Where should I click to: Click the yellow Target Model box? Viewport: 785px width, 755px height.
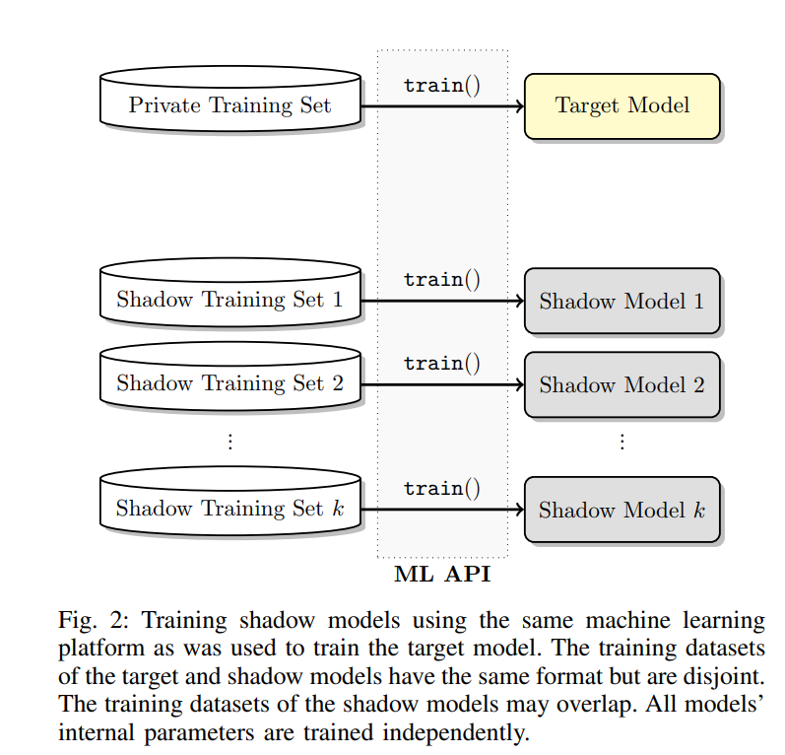coord(621,105)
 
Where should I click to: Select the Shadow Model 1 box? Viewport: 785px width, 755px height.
coord(621,301)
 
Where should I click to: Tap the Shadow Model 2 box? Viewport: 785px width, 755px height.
coord(621,384)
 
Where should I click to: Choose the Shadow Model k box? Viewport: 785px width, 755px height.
coord(621,510)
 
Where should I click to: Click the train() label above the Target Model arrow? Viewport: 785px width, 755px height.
coord(441,85)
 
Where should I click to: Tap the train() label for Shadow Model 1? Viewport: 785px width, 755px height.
coord(441,279)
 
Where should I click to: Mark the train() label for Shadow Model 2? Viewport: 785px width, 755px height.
coord(441,363)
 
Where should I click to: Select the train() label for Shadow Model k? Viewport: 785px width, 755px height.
coord(441,488)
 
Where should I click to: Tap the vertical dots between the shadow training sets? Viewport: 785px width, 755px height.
coord(229,441)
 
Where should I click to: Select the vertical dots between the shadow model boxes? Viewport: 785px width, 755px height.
coord(621,441)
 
